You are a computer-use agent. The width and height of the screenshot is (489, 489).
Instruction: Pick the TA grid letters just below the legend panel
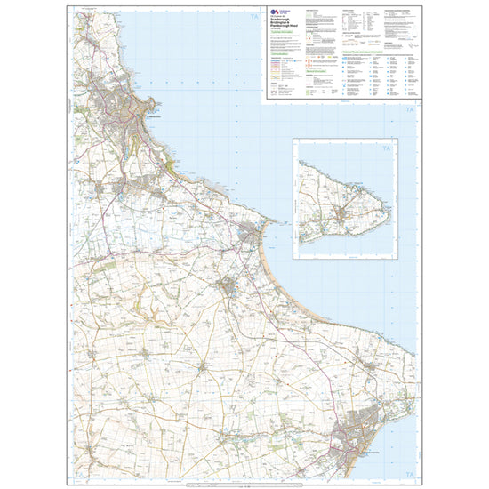coord(408,110)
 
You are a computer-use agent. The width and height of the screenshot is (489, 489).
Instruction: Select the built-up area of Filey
coord(253,234)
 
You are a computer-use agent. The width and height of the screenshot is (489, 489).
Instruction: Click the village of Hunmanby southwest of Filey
coord(230,285)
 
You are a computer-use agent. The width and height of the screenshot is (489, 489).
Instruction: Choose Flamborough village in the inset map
coord(343,212)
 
